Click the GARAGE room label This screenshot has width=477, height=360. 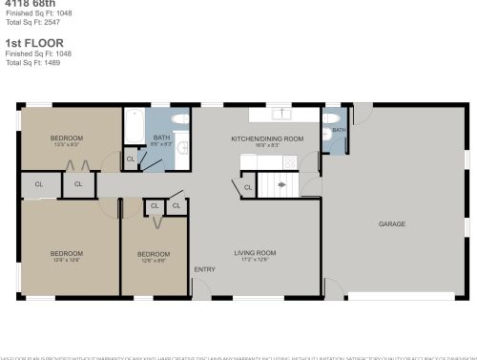[392, 223]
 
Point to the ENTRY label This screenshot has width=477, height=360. [204, 269]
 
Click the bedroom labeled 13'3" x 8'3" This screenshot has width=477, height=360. [66, 138]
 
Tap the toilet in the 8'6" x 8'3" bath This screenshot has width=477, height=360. [178, 121]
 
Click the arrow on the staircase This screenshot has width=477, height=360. [281, 185]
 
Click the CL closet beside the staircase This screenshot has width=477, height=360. [247, 187]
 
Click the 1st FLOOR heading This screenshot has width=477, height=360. [27, 44]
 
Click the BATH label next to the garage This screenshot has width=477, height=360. [339, 129]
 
